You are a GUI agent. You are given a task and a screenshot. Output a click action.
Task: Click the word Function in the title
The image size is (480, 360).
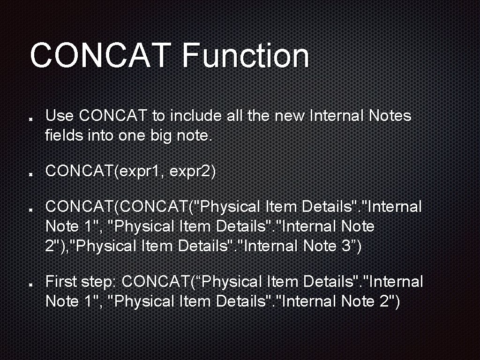point(245,55)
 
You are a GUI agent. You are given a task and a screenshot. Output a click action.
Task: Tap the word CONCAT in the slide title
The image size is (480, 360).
point(100,55)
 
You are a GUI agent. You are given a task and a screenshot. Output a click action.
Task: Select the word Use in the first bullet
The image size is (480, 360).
point(60,116)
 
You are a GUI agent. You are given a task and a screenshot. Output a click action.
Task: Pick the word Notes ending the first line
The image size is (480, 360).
point(390,116)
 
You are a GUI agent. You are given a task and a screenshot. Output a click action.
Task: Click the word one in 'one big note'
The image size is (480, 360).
point(132,135)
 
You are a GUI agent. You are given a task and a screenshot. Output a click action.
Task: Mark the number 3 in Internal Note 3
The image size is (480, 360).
point(345,246)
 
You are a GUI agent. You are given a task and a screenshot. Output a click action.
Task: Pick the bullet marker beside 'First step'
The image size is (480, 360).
point(30,285)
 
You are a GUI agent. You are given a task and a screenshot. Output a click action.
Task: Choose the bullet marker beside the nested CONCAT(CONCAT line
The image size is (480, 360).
point(30,210)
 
